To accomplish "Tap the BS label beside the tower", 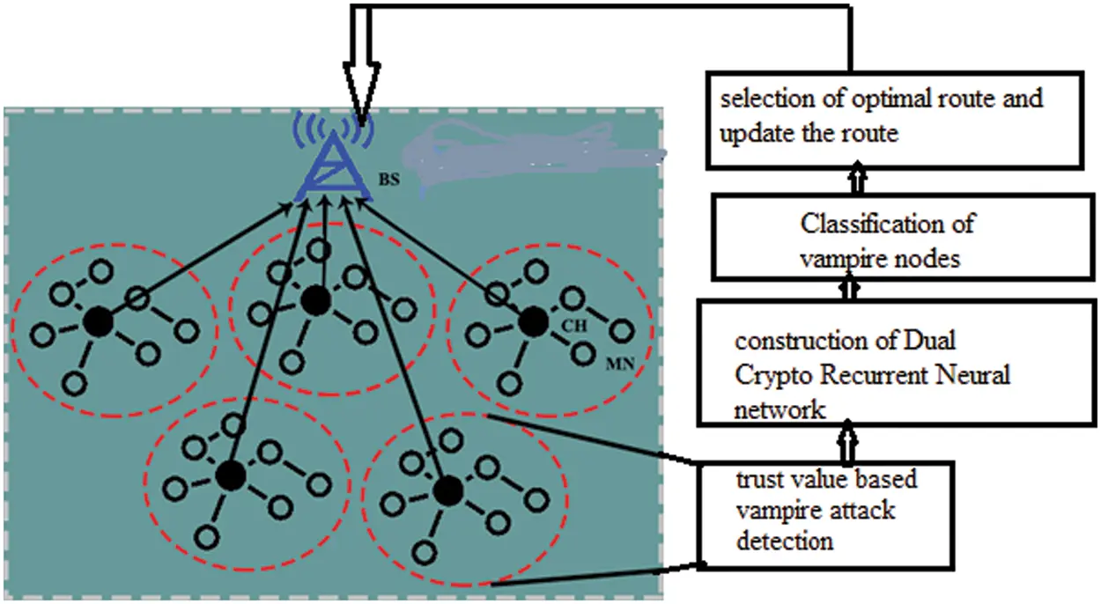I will [x=388, y=180].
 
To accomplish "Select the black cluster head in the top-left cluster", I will [x=99, y=322].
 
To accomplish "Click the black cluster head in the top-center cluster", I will [x=314, y=302].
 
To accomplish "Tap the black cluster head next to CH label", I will [x=532, y=322].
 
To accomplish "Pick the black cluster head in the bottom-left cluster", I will [x=231, y=475].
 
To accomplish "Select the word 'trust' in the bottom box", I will [x=757, y=480].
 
